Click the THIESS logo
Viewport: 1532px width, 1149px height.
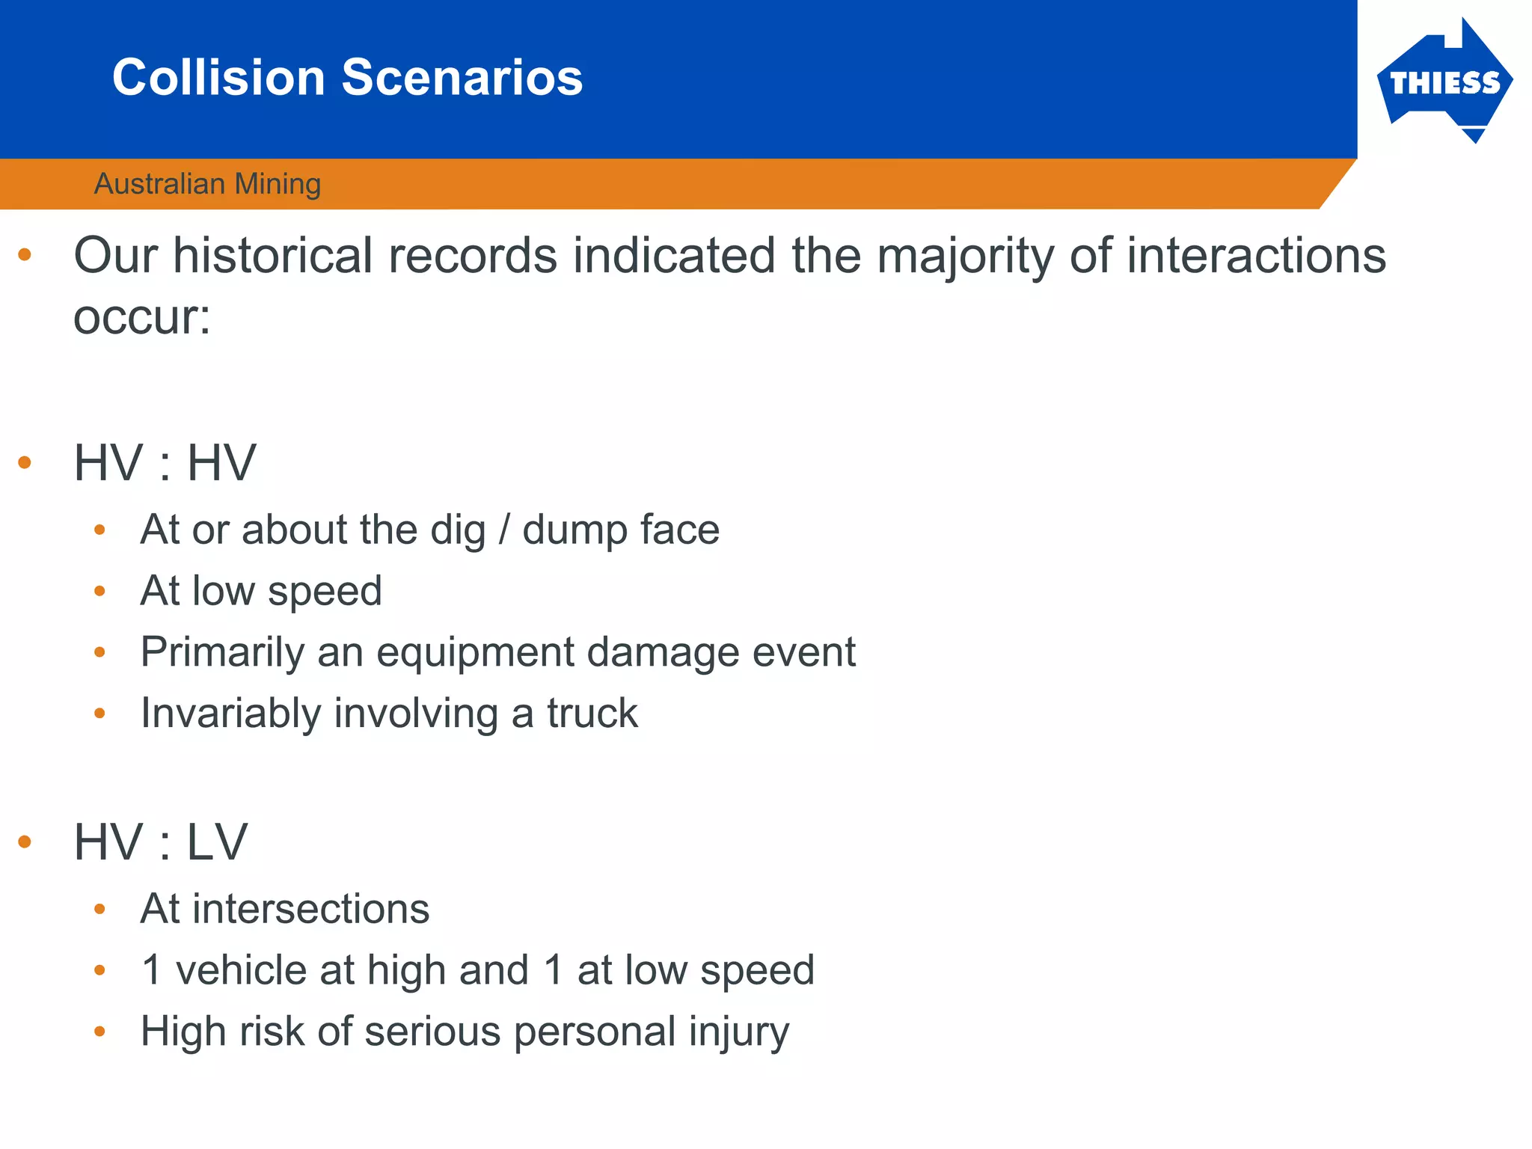(1444, 82)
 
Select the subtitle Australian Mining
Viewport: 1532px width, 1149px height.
(207, 184)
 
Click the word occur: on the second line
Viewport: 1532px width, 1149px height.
(142, 317)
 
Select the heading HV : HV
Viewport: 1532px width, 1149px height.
(165, 463)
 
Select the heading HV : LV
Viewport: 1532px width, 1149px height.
(160, 842)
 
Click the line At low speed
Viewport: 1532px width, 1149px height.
(261, 591)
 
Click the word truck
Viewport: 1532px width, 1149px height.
(592, 713)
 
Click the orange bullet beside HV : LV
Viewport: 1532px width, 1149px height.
(25, 842)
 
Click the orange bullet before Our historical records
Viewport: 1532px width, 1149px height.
(25, 255)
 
